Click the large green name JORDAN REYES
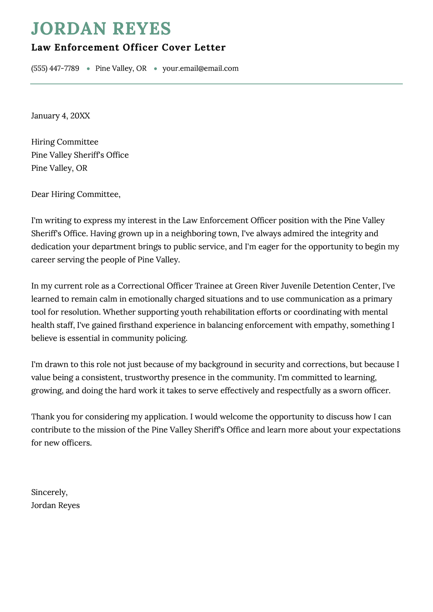point(101,28)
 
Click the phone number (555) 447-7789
point(55,68)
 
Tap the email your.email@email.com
point(200,68)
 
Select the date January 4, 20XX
point(61,116)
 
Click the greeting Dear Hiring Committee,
point(75,194)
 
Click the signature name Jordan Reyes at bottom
point(55,505)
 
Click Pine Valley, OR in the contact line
point(121,68)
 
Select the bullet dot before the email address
point(155,69)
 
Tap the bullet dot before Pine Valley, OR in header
point(88,69)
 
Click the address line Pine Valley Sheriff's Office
point(80,155)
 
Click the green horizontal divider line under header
point(216,84)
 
